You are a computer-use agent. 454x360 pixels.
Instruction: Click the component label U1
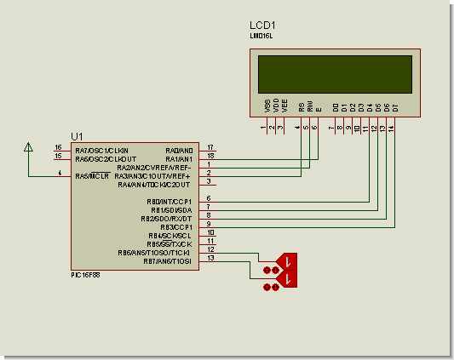(78, 136)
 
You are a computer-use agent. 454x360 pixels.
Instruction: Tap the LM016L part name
(261, 37)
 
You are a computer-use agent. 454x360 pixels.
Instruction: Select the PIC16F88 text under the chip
(88, 276)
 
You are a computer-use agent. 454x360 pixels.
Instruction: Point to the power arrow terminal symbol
(28, 147)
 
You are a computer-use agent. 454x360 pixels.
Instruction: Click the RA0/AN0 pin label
(178, 149)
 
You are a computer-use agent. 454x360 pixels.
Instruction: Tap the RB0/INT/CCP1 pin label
(170, 201)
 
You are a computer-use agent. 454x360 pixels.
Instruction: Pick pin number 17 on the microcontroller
(210, 147)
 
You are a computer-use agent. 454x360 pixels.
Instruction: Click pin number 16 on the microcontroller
(58, 147)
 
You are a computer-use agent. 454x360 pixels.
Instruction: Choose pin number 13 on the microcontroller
(210, 259)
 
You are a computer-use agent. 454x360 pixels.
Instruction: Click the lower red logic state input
(283, 278)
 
